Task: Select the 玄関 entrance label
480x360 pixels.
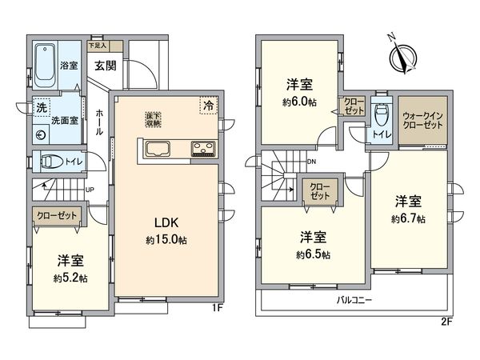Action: point(106,66)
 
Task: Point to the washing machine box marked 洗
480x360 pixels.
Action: point(39,106)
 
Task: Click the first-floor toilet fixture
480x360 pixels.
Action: point(53,162)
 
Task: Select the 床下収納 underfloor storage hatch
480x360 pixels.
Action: point(153,119)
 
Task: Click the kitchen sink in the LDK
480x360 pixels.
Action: point(157,149)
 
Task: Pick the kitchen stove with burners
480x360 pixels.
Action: point(201,150)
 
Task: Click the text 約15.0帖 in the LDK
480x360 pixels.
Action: point(166,240)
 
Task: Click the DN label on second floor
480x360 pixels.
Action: point(311,161)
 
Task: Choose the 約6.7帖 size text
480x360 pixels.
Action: point(408,219)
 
